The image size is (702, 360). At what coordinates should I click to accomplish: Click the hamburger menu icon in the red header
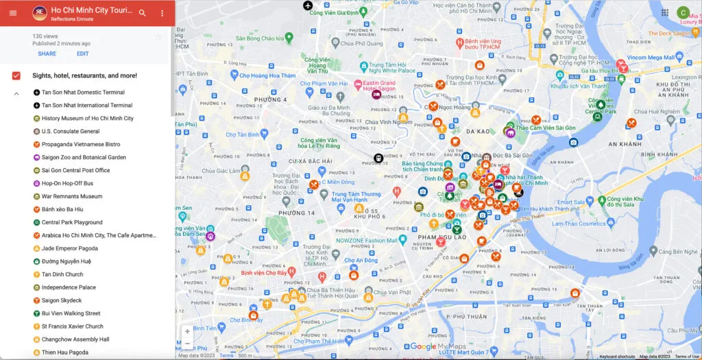13,13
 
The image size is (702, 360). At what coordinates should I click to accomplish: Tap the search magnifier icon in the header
142,13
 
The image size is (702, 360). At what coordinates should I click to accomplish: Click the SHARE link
47,53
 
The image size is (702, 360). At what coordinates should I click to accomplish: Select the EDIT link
82,53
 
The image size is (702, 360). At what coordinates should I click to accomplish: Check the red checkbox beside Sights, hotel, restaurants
16,75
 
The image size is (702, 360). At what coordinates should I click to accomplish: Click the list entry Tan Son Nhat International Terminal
87,106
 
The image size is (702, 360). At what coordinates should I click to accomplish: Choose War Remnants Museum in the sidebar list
72,197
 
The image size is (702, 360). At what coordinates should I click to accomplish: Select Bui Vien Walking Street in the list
71,313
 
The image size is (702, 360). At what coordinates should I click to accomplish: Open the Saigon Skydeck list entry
62,300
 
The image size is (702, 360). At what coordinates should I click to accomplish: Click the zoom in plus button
187,331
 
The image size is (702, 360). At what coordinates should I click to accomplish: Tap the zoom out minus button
187,344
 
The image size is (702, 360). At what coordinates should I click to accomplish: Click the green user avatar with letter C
683,12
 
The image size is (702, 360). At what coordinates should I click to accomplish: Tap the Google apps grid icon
664,12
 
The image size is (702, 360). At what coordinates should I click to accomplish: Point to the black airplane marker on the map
308,5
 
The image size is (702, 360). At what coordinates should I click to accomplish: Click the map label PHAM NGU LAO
441,237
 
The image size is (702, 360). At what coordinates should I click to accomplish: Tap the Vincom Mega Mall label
646,58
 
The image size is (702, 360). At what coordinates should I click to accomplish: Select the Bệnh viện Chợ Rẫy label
258,272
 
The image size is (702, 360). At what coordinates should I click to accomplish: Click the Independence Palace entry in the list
69,287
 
